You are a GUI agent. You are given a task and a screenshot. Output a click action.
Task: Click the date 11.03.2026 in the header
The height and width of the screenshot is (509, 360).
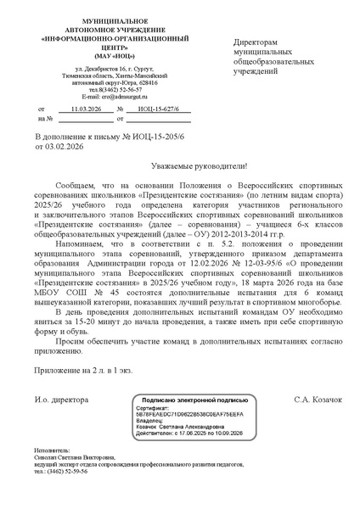point(86,110)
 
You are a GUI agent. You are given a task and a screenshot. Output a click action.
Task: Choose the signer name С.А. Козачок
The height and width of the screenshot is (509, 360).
point(318,398)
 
